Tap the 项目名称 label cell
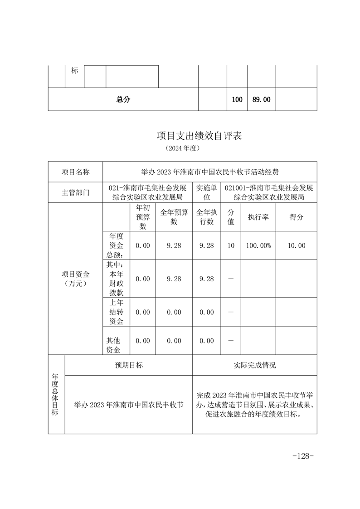(x=76, y=172)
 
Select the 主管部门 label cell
(x=76, y=193)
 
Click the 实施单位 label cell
(x=207, y=193)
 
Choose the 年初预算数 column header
(x=142, y=217)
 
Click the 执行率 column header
(x=258, y=217)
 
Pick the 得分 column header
(x=296, y=217)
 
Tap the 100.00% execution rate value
(x=258, y=245)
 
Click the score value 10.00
(x=296, y=245)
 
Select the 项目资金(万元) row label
(x=76, y=279)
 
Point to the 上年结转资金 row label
(x=117, y=312)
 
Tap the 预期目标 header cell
(x=129, y=365)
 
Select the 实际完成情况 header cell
(x=254, y=365)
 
